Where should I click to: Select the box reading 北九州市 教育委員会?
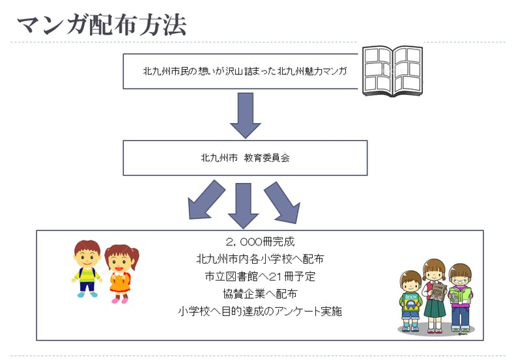tap(245, 158)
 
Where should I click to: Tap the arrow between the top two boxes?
tap(245, 115)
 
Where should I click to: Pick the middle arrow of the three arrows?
tap(244, 203)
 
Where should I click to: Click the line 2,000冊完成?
tap(260, 242)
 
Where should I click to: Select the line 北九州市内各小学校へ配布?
tap(260, 258)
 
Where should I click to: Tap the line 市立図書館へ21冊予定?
tap(260, 276)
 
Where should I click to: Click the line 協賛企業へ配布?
tap(260, 294)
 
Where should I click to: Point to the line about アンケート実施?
tap(260, 311)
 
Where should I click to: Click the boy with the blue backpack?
tap(87, 268)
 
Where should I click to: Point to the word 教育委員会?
tap(266, 158)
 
